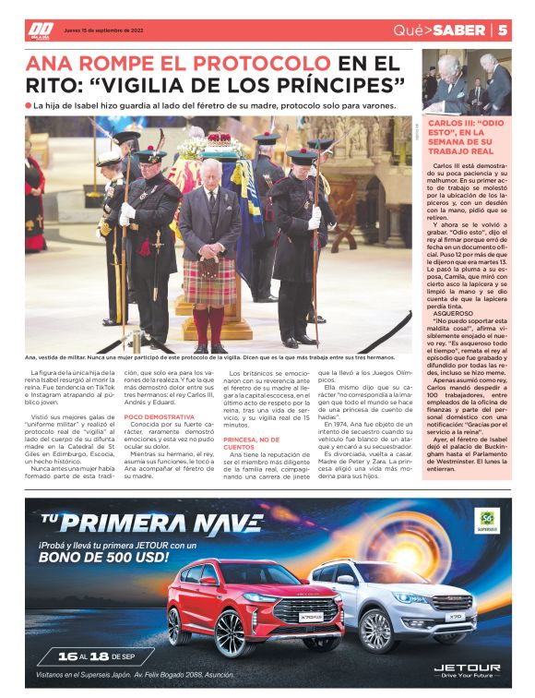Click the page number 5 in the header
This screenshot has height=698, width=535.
pyautogui.click(x=503, y=30)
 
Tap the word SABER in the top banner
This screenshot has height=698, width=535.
pyautogui.click(x=458, y=30)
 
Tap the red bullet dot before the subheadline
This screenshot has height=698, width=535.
pyautogui.click(x=30, y=106)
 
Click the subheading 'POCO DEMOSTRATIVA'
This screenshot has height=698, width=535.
pyautogui.click(x=153, y=417)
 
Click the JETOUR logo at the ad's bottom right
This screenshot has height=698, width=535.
pyautogui.click(x=466, y=668)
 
